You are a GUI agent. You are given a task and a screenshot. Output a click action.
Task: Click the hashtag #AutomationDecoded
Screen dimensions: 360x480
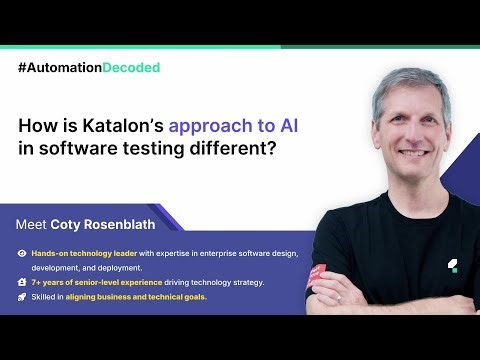89,67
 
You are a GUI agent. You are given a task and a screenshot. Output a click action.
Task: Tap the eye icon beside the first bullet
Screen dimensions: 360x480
22,254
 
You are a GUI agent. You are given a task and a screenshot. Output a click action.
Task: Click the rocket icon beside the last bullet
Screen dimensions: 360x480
22,297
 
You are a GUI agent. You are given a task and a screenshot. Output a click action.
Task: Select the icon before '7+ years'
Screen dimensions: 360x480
22,283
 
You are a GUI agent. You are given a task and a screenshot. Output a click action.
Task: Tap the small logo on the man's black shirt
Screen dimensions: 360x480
452,265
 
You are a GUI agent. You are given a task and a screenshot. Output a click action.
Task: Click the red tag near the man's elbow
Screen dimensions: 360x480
317,273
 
